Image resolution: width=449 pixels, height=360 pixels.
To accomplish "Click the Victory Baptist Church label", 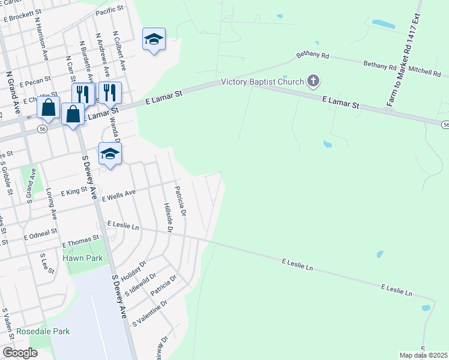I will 262,82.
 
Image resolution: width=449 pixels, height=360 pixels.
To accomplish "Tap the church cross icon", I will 313,81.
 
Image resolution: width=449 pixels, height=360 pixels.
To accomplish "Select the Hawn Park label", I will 79,259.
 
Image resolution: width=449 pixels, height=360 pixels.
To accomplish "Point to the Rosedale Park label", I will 43,331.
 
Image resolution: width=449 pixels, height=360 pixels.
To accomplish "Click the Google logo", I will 20,352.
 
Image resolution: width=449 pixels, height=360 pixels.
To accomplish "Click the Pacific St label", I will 109,11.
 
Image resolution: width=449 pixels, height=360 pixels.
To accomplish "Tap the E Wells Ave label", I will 119,195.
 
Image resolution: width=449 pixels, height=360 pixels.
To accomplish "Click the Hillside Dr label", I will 167,218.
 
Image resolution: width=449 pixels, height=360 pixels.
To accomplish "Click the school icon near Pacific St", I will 154,40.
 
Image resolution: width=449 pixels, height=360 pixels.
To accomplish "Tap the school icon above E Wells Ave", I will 110,154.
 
